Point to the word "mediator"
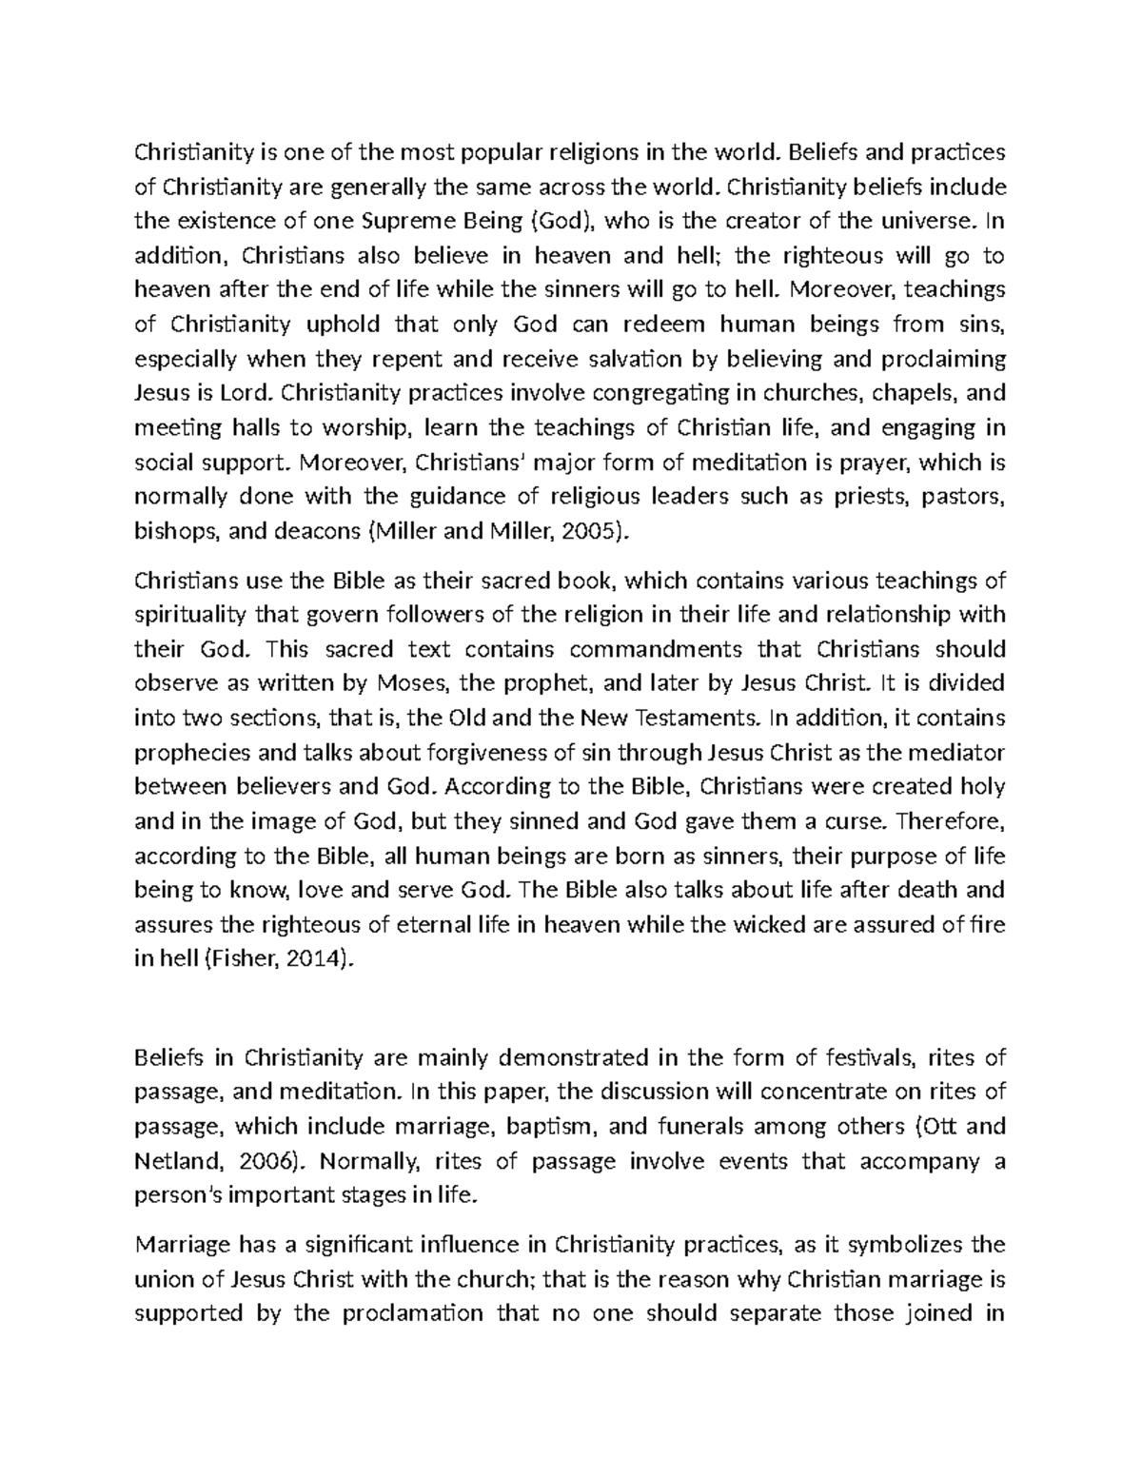[x=956, y=753]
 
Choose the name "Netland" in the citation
[x=171, y=1162]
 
